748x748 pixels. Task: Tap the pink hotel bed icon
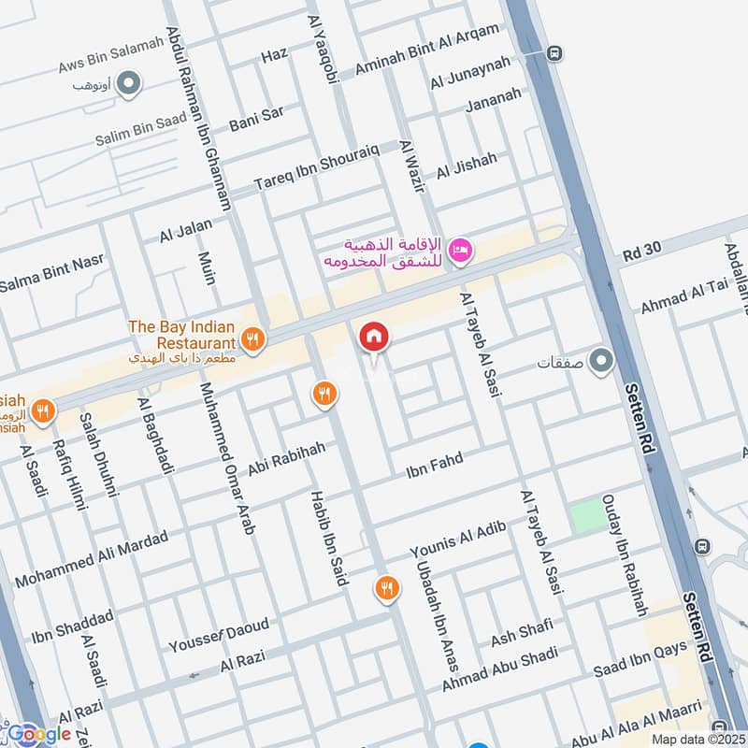(461, 250)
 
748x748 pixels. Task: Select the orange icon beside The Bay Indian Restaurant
(251, 338)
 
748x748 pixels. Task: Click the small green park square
(587, 515)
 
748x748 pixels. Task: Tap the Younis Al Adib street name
(458, 540)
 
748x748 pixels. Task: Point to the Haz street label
(274, 55)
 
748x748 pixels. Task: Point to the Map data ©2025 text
(697, 739)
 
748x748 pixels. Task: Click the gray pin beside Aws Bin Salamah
(130, 83)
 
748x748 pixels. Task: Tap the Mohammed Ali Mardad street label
(92, 559)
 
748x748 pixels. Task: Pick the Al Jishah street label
(467, 165)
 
